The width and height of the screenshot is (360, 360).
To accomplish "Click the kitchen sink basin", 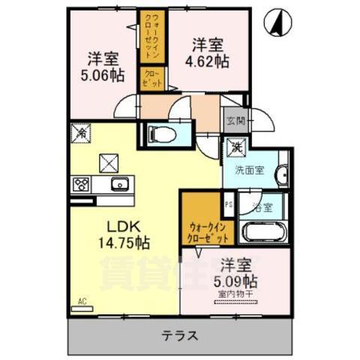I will tap(118, 184).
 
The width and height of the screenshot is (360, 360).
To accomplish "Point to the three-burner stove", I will tap(80, 184).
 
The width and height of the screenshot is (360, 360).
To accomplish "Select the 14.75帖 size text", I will tap(121, 243).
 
